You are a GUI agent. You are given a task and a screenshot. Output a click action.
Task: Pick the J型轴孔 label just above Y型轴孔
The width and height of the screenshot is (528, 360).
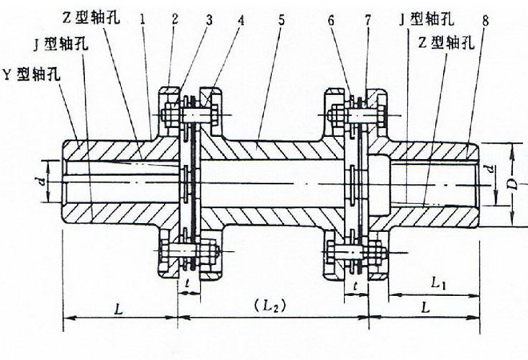point(61,44)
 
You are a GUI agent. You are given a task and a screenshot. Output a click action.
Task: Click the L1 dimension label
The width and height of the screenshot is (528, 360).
point(438,283)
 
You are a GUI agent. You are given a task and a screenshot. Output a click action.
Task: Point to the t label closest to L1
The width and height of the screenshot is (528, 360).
point(353,284)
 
